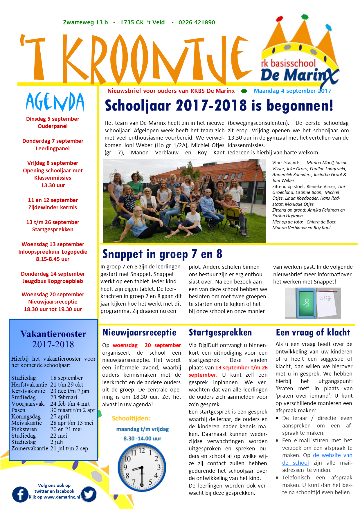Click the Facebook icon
(x=20, y=494)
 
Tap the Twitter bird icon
(x=89, y=494)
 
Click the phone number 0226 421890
(x=197, y=22)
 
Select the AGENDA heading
(x=55, y=102)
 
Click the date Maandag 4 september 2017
(x=292, y=91)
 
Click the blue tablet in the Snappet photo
(x=306, y=303)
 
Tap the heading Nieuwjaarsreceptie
(x=139, y=333)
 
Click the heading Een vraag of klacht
(x=313, y=333)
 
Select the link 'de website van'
(x=332, y=455)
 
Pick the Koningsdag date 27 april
(x=60, y=416)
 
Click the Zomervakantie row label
(x=30, y=448)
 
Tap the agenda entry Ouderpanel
(x=53, y=126)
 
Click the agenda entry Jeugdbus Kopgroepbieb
(x=53, y=281)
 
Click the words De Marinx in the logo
(x=296, y=75)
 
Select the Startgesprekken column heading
(x=220, y=333)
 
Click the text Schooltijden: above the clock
(x=131, y=418)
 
